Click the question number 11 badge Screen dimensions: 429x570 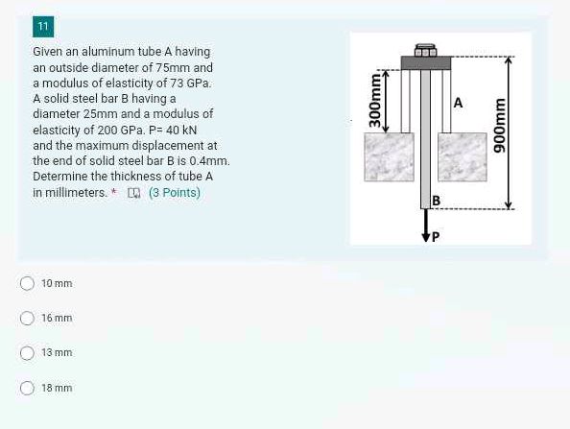pyautogui.click(x=43, y=26)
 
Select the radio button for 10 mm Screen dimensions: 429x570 pyautogui.click(x=28, y=283)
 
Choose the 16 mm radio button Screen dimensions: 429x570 pyautogui.click(x=28, y=318)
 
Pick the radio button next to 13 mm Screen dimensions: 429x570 pyautogui.click(x=28, y=353)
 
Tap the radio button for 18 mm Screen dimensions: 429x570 pyautogui.click(x=28, y=388)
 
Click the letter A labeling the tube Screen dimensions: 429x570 pyautogui.click(x=458, y=103)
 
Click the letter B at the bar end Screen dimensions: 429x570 pyautogui.click(x=436, y=201)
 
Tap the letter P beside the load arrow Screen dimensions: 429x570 pyautogui.click(x=435, y=236)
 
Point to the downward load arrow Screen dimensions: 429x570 pyautogui.click(x=423, y=225)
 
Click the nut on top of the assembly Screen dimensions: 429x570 pyautogui.click(x=424, y=50)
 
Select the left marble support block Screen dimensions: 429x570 pyautogui.click(x=390, y=157)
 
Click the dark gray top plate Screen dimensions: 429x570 pyautogui.click(x=425, y=63)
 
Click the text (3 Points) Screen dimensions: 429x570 pyautogui.click(x=175, y=193)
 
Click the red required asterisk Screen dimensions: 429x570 pyautogui.click(x=114, y=192)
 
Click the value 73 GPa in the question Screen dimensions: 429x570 pyautogui.click(x=189, y=83)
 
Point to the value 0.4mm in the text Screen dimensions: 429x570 pyautogui.click(x=208, y=161)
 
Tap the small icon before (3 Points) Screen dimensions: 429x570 pyautogui.click(x=134, y=193)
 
